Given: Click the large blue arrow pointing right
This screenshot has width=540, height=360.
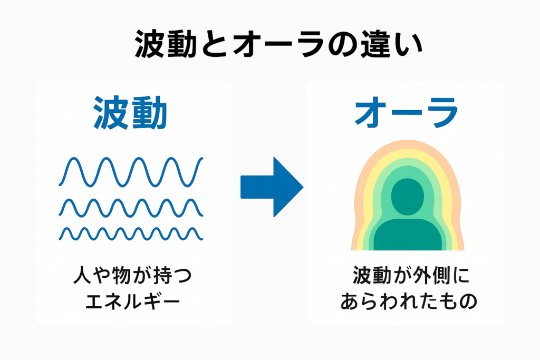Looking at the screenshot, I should [272, 187].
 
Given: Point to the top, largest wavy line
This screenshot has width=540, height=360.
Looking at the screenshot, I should [131, 171].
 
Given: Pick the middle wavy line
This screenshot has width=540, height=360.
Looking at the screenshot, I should [131, 208].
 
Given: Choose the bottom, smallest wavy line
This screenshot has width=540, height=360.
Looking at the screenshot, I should [131, 233].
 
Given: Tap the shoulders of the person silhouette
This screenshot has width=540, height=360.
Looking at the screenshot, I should [407, 235].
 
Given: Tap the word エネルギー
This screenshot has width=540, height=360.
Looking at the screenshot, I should [131, 302].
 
